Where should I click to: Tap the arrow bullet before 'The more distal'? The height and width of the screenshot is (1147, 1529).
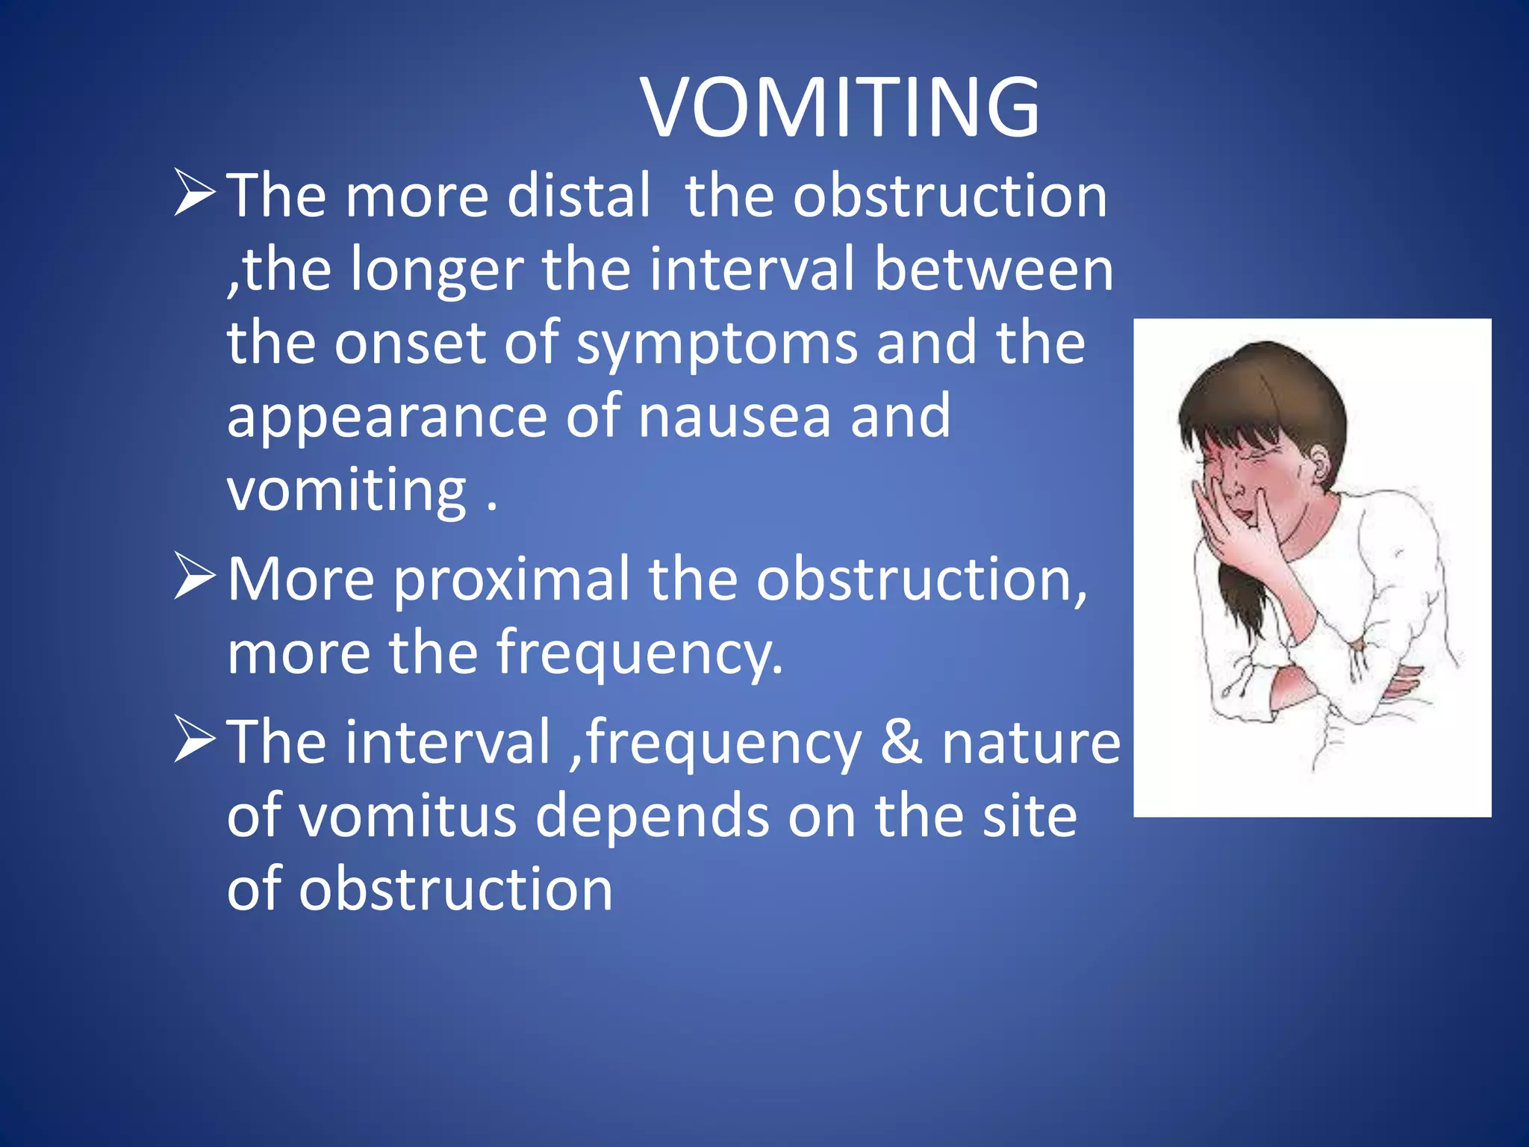pos(195,192)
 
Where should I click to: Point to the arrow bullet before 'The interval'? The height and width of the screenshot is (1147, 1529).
pos(195,739)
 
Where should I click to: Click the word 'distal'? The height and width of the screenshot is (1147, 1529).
pos(579,196)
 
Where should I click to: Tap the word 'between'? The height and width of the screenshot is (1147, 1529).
pos(993,269)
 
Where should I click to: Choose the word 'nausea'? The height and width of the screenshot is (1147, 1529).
pos(735,417)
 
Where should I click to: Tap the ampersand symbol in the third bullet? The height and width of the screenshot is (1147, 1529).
pos(901,742)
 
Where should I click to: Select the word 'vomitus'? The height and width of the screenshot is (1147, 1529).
pos(408,815)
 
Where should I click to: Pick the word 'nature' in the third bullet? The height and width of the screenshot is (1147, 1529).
pos(1030,742)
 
